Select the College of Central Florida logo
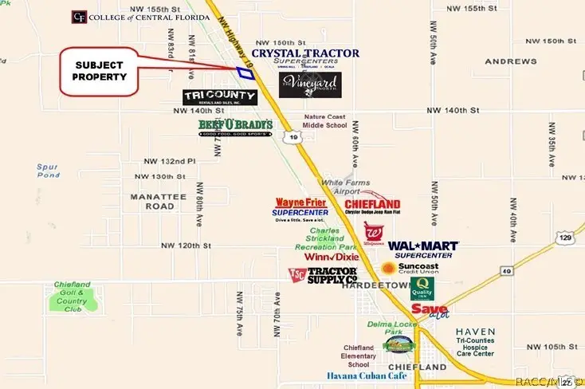click(129, 17)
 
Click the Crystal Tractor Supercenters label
click(305, 56)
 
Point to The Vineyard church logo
click(310, 85)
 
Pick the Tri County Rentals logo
click(220, 97)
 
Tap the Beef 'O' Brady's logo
click(235, 127)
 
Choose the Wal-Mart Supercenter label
click(423, 250)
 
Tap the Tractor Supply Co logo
click(322, 275)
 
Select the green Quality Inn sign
click(422, 289)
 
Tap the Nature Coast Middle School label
click(325, 120)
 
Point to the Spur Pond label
click(48, 171)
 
